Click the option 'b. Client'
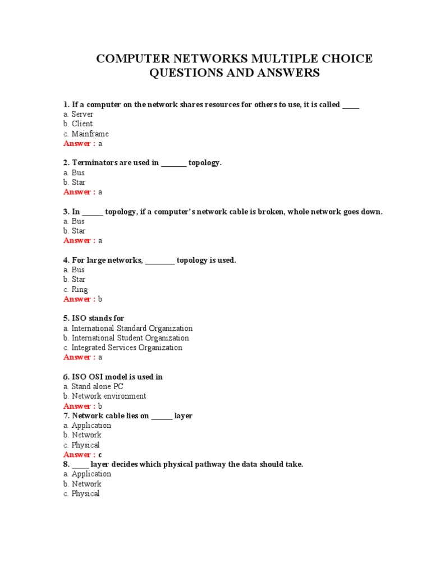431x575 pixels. (78, 124)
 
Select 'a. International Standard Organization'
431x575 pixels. (128, 328)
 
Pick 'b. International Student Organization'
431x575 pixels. (126, 338)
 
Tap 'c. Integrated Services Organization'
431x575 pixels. (123, 348)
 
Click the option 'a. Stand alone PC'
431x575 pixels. (93, 386)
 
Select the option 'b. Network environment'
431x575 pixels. (104, 396)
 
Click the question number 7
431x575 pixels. (66, 416)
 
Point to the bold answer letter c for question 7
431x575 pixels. (100, 455)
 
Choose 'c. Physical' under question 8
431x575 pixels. (81, 494)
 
